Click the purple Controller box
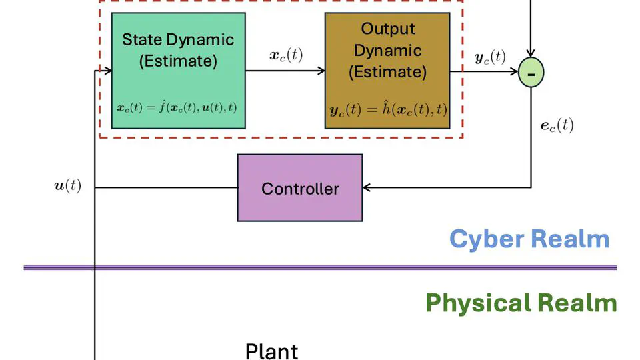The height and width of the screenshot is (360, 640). point(300,188)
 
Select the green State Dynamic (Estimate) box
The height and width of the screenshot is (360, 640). point(178,71)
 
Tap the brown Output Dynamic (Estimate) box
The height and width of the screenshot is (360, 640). point(387,71)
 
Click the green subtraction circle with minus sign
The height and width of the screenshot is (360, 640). point(531,73)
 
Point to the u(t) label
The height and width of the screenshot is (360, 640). point(67,186)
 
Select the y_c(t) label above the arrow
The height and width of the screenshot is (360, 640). point(490,57)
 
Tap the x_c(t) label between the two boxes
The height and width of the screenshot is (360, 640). point(285,55)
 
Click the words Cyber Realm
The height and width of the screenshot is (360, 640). point(529,239)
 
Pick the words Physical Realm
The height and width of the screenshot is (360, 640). point(521,303)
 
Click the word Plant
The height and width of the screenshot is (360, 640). point(271,351)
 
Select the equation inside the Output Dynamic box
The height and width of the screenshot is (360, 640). point(387,109)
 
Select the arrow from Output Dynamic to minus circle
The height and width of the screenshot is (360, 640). point(483,71)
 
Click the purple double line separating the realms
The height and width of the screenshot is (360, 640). point(320,268)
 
